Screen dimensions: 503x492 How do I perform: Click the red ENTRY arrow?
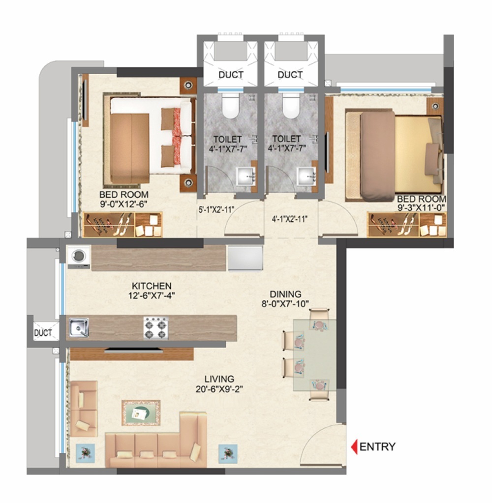pyautogui.click(x=353, y=447)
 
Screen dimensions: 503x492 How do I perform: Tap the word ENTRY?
pyautogui.click(x=377, y=447)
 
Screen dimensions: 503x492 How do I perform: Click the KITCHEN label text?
pyautogui.click(x=152, y=286)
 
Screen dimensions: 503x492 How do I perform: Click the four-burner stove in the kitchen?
pyautogui.click(x=155, y=328)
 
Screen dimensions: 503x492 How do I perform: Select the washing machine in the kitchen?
pyautogui.click(x=79, y=257)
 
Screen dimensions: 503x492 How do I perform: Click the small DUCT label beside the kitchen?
pyautogui.click(x=43, y=333)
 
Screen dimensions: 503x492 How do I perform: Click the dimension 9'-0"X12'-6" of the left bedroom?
pyautogui.click(x=123, y=204)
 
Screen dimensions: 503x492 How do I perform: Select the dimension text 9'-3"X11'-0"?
pyautogui.click(x=421, y=208)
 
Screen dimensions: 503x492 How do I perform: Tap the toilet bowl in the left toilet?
pyautogui.click(x=230, y=107)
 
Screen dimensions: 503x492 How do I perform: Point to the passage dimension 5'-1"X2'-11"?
pyautogui.click(x=216, y=209)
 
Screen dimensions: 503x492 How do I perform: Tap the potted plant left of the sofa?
pyautogui.click(x=86, y=451)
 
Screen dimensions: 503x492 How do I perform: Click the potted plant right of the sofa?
pyautogui.click(x=227, y=453)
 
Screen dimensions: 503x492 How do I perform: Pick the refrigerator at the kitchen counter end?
pyautogui.click(x=245, y=258)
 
